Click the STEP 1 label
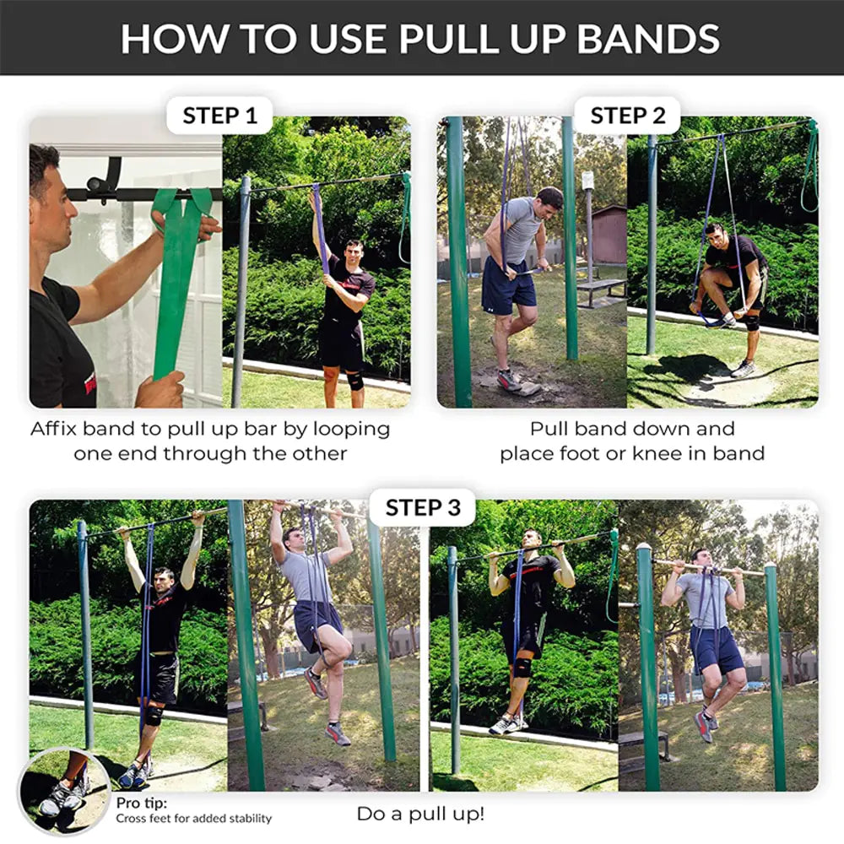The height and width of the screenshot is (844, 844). (x=219, y=116)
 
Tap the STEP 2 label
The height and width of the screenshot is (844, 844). (x=628, y=116)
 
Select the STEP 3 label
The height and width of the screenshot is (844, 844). (x=423, y=507)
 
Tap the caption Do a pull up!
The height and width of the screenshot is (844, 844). (x=420, y=814)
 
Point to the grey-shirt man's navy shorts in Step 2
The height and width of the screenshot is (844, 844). (x=508, y=284)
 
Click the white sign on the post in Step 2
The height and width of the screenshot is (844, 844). (x=587, y=181)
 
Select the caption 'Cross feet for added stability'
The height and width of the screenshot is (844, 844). (x=194, y=818)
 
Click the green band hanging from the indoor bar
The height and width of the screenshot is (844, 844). (x=177, y=279)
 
